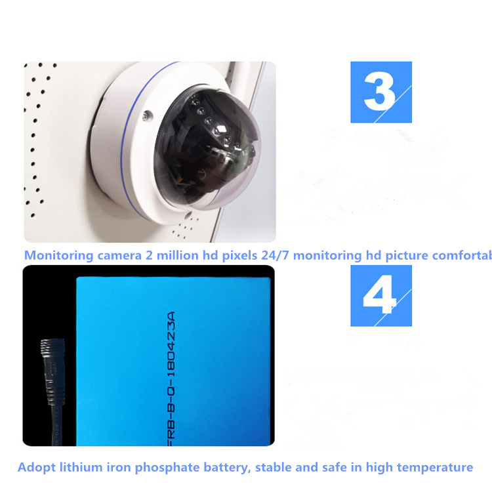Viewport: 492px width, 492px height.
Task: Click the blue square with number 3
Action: click(381, 92)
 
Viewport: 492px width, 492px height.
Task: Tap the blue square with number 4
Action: click(381, 296)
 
